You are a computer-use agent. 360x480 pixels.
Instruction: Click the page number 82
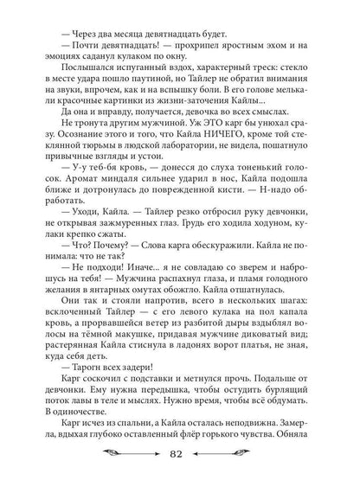click(180, 454)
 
